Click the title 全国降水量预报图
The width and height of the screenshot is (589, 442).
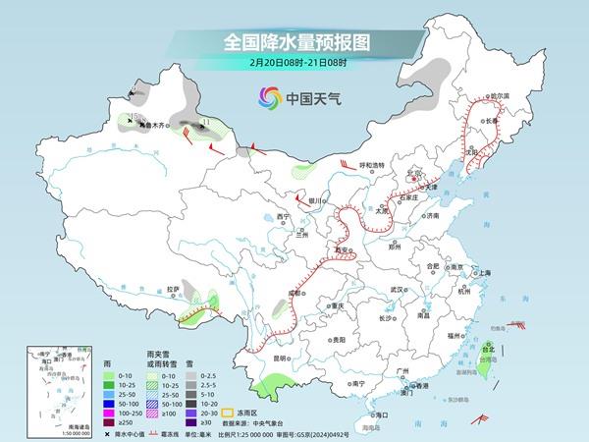tap(294, 42)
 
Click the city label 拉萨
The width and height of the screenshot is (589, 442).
tap(173, 290)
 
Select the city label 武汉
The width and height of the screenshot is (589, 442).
tap(397, 291)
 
